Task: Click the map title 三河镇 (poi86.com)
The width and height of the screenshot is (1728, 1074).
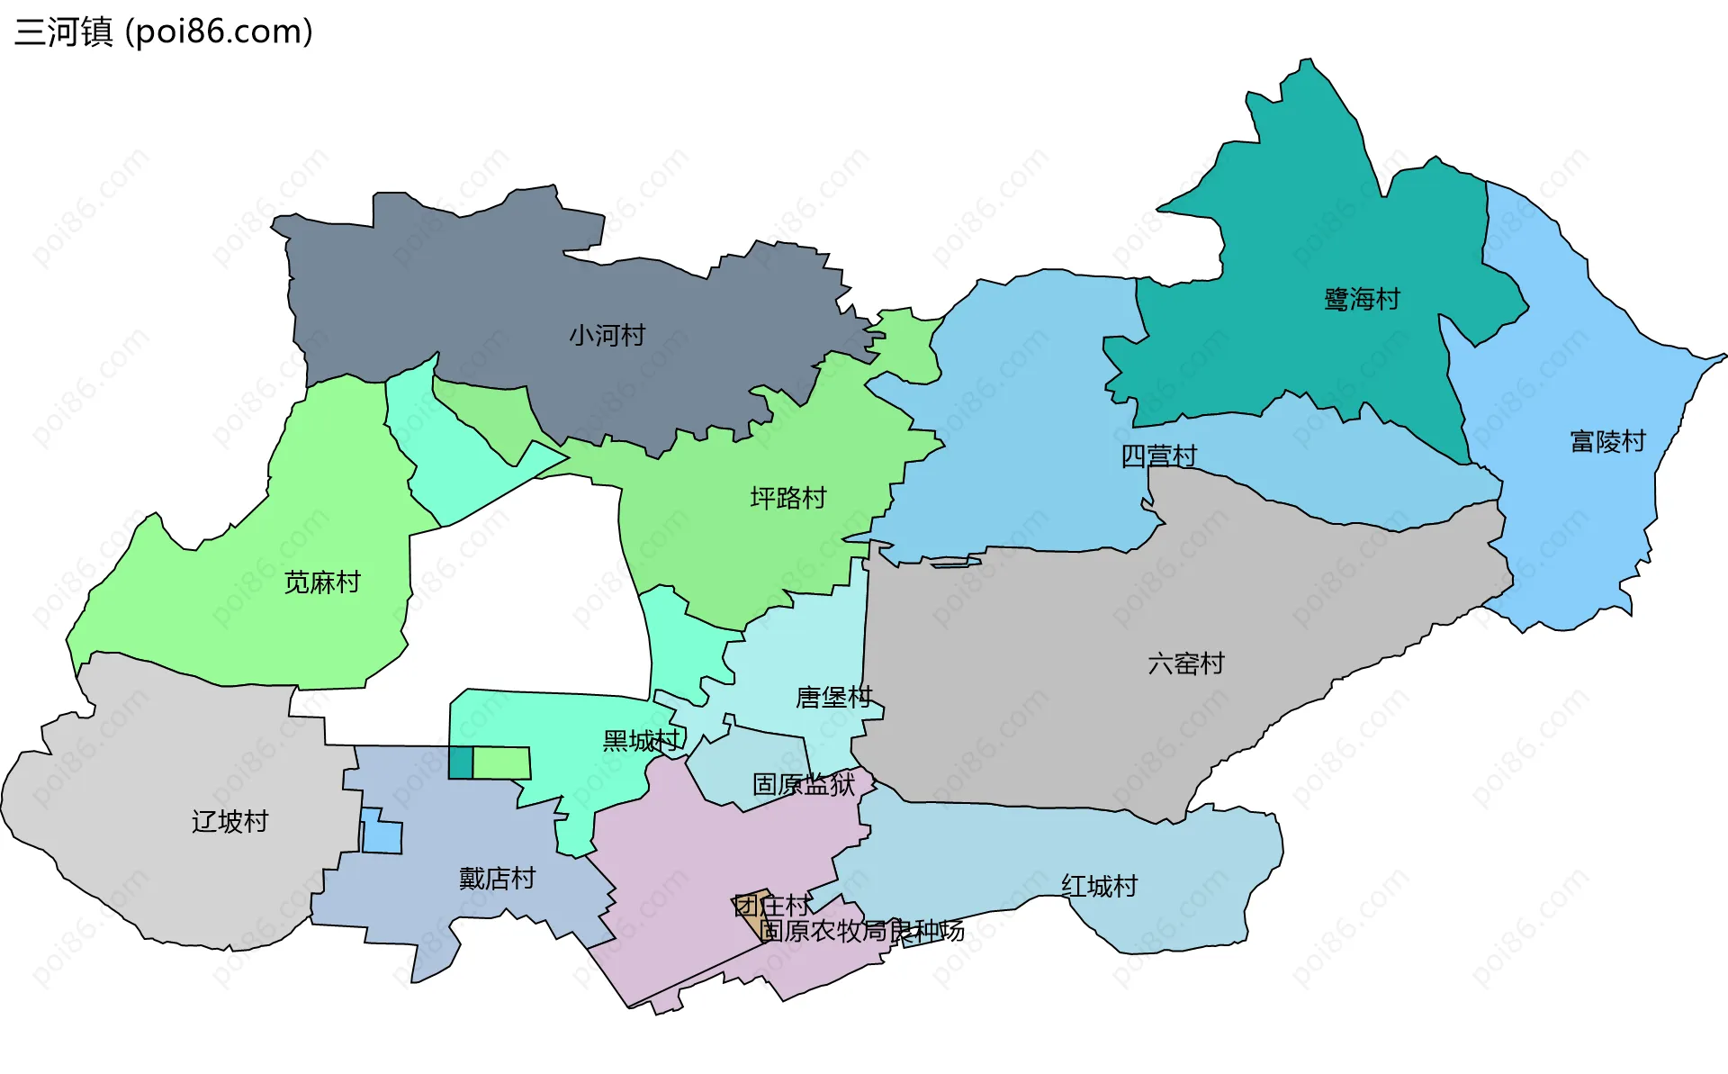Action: click(x=164, y=32)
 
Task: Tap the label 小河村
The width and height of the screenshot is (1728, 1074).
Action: click(x=607, y=336)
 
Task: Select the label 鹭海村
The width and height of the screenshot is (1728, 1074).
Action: click(x=1362, y=299)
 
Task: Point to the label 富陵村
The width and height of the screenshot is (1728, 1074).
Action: click(x=1607, y=441)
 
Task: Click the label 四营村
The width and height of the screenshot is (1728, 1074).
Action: click(x=1158, y=456)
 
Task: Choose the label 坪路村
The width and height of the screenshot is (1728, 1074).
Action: click(x=787, y=498)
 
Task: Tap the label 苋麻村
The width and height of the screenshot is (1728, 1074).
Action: click(x=321, y=582)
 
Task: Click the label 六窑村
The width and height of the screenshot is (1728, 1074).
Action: click(x=1185, y=663)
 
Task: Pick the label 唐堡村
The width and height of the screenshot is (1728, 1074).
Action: click(x=833, y=697)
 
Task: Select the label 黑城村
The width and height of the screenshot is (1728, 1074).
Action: click(x=641, y=741)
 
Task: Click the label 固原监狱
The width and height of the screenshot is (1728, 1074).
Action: click(x=803, y=784)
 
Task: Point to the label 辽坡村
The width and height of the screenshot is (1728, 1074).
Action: click(x=229, y=821)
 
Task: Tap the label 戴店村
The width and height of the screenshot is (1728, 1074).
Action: click(x=497, y=878)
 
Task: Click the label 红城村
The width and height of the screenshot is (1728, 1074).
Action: click(x=1099, y=886)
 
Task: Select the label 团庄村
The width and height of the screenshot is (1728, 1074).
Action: click(x=771, y=905)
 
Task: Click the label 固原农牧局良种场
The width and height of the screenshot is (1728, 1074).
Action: click(x=861, y=930)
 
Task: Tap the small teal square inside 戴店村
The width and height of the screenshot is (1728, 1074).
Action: click(x=460, y=763)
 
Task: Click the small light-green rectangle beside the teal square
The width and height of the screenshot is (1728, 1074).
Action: click(x=501, y=763)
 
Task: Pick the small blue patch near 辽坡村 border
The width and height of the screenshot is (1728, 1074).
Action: click(x=381, y=834)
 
